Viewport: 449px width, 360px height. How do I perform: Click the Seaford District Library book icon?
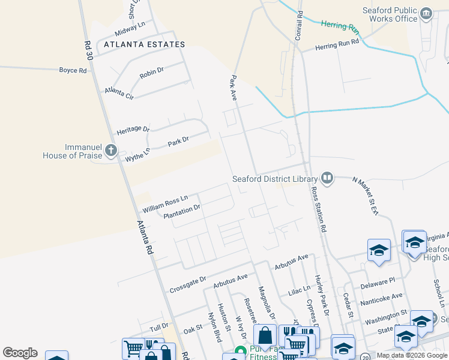(327, 178)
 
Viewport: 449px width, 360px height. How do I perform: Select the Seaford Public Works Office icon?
(426, 13)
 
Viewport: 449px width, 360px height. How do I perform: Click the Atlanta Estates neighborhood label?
(144, 44)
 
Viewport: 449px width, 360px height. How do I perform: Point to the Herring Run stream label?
(339, 26)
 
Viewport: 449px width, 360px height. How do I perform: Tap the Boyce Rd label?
(73, 70)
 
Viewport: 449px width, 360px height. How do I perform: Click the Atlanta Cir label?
(119, 92)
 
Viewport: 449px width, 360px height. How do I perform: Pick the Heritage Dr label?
(133, 130)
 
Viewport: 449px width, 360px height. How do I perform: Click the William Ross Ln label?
(165, 203)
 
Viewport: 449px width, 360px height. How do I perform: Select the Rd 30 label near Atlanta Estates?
(89, 50)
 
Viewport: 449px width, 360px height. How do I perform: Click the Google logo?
(20, 353)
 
